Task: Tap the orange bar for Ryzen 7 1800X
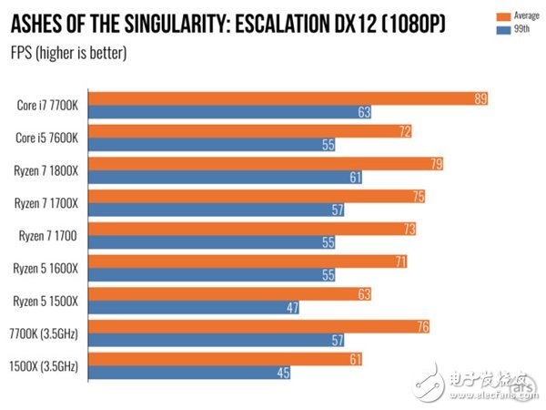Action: click(264, 164)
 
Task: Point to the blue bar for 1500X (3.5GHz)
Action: click(187, 374)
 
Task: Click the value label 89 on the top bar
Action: click(480, 98)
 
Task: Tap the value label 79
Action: click(438, 164)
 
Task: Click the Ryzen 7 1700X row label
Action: click(46, 203)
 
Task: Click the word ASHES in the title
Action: click(35, 22)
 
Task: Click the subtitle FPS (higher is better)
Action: click(67, 52)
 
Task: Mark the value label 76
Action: click(420, 327)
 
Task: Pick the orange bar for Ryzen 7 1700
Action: click(255, 229)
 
